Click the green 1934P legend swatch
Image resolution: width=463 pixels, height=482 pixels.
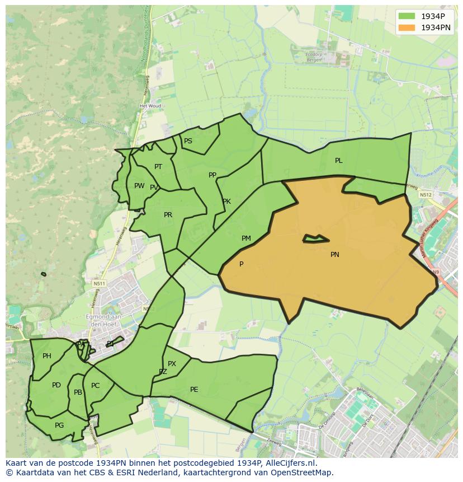pyautogui.click(x=406, y=16)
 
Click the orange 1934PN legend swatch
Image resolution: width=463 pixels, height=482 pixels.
pyautogui.click(x=406, y=27)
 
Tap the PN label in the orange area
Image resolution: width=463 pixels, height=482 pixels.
pyautogui.click(x=334, y=255)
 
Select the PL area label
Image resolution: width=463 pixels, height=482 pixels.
pyautogui.click(x=338, y=161)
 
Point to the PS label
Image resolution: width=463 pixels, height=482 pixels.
pyautogui.click(x=188, y=141)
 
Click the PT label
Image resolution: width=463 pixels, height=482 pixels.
pyautogui.click(x=158, y=167)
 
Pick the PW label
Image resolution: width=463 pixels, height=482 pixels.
pyautogui.click(x=139, y=186)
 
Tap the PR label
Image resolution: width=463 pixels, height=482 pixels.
pyautogui.click(x=168, y=215)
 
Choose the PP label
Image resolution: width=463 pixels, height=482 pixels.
pyautogui.click(x=212, y=175)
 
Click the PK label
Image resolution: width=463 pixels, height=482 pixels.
pyautogui.click(x=226, y=202)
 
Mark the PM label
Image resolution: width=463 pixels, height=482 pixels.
pyautogui.click(x=246, y=238)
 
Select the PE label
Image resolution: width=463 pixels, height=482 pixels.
pyautogui.click(x=194, y=390)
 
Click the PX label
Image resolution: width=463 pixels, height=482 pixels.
pyautogui.click(x=172, y=364)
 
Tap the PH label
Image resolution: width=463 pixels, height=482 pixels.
pyautogui.click(x=47, y=356)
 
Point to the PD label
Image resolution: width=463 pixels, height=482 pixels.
pyautogui.click(x=56, y=385)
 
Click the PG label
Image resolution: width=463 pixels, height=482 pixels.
pyautogui.click(x=59, y=425)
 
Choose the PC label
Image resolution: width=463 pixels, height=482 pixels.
pyautogui.click(x=95, y=386)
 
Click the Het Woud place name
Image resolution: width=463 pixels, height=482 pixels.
pyautogui.click(x=150, y=106)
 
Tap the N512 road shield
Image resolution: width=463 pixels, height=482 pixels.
pyautogui.click(x=425, y=195)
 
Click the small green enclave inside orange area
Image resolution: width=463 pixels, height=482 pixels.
pyautogui.click(x=315, y=239)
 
